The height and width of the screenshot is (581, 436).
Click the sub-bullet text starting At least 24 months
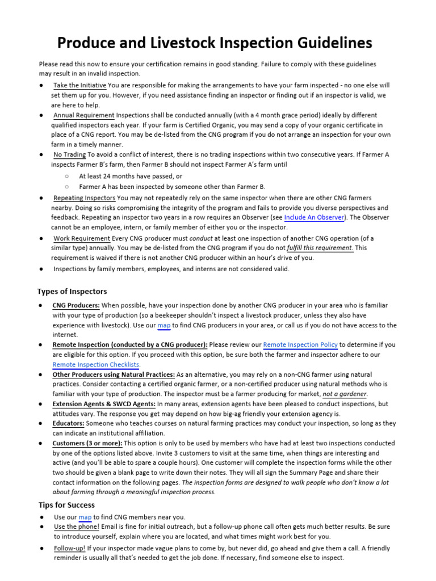click(131, 176)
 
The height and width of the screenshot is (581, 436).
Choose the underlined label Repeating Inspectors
click(84, 198)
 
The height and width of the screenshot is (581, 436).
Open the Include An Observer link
click(314, 217)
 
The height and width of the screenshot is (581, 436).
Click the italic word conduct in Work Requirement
click(201, 238)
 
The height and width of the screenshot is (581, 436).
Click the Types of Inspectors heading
click(72, 291)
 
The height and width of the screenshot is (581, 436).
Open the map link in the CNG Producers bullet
click(164, 325)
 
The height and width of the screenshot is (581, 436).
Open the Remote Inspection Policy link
click(300, 344)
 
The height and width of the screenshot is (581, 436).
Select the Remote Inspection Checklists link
click(95, 364)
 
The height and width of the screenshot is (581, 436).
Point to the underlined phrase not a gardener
click(345, 394)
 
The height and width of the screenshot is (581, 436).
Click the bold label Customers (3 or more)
click(87, 443)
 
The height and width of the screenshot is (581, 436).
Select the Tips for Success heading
click(66, 504)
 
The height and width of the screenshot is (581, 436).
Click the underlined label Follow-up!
click(70, 548)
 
